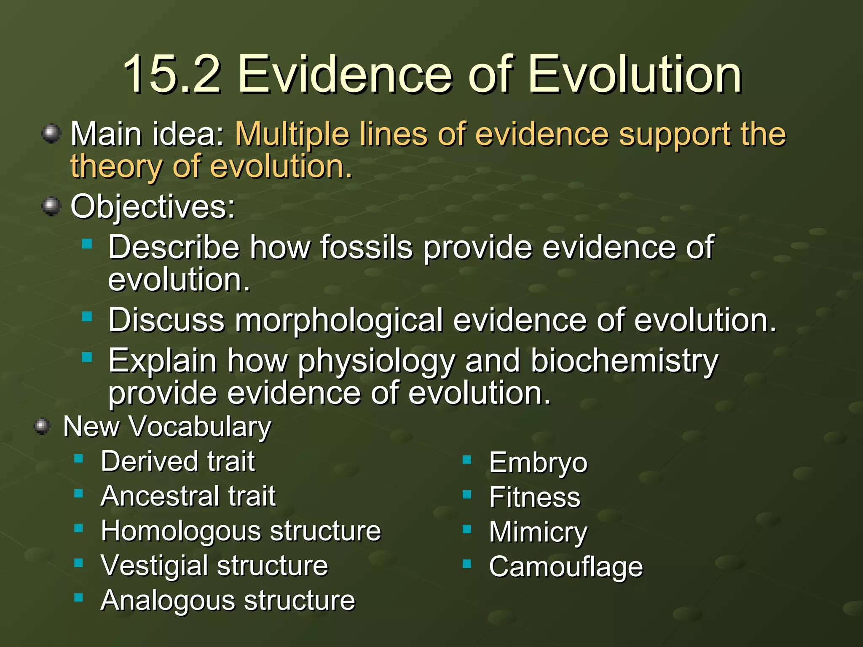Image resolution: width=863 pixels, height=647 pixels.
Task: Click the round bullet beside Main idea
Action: pyautogui.click(x=52, y=134)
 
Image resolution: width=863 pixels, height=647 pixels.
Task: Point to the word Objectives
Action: pyautogui.click(x=153, y=207)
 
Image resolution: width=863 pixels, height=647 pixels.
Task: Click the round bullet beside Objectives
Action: pyautogui.click(x=52, y=206)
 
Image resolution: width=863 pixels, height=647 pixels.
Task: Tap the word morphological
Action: pyautogui.click(x=339, y=320)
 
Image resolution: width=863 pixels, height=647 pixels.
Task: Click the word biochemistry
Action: pyautogui.click(x=624, y=361)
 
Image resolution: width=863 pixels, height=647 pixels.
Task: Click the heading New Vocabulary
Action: pyautogui.click(x=167, y=427)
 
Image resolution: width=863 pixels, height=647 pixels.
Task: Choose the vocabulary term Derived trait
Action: pyautogui.click(x=178, y=461)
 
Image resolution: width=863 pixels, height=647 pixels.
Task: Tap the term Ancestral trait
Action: pyautogui.click(x=188, y=496)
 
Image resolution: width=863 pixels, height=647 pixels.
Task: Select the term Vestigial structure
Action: pyautogui.click(x=214, y=566)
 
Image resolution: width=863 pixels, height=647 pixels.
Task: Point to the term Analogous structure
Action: pyautogui.click(x=228, y=600)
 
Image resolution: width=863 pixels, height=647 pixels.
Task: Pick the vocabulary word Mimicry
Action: pyautogui.click(x=538, y=532)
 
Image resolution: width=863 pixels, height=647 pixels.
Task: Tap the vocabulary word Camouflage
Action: pyautogui.click(x=566, y=567)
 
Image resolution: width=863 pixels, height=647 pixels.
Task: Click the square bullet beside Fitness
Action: pyautogui.click(x=466, y=495)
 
